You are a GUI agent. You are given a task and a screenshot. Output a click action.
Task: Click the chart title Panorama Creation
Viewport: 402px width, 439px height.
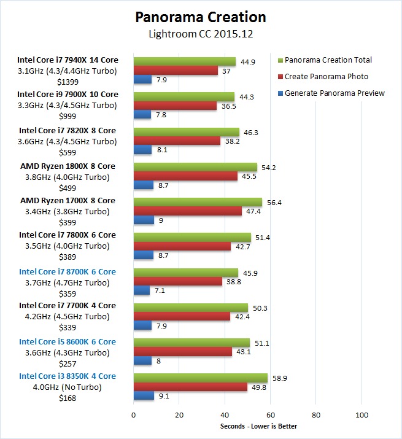(x=201, y=17)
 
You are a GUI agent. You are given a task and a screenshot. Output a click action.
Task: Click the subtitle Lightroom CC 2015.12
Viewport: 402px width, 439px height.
(x=201, y=34)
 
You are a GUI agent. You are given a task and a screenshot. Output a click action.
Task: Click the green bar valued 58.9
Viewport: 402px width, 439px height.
(x=201, y=378)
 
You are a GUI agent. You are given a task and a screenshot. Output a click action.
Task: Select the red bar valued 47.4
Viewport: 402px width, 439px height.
(x=188, y=211)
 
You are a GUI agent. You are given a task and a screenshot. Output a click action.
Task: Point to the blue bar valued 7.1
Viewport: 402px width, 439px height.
(x=142, y=290)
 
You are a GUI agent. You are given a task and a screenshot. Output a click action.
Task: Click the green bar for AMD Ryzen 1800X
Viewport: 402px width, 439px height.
(x=195, y=167)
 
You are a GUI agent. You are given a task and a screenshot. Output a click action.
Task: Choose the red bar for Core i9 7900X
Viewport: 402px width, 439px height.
(x=175, y=106)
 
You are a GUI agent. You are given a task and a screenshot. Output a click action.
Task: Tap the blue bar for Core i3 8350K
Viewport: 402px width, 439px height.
(x=144, y=396)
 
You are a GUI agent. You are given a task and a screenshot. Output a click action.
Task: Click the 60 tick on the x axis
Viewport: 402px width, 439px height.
(x=270, y=414)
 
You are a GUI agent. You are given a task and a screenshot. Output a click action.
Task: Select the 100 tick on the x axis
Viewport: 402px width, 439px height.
(x=361, y=414)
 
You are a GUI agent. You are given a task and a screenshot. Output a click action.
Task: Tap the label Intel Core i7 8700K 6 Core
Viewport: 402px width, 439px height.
(x=68, y=271)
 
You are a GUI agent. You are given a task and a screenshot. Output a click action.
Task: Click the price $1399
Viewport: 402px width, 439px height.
(x=68, y=82)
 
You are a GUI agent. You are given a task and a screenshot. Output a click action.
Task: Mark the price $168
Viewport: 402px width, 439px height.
(x=68, y=398)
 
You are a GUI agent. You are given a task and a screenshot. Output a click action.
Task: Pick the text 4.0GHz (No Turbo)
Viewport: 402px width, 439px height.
(x=68, y=387)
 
